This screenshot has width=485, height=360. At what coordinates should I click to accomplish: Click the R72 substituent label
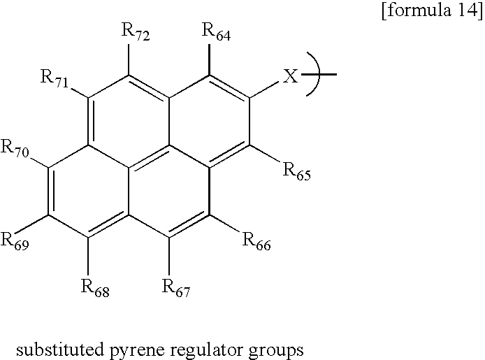136,31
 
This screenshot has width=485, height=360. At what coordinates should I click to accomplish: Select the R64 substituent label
216,31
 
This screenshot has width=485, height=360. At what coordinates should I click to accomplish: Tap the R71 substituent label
55,78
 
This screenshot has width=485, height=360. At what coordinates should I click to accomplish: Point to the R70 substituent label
15,147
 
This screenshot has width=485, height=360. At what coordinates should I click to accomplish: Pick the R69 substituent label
15,240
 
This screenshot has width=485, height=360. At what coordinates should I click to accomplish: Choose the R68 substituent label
95,287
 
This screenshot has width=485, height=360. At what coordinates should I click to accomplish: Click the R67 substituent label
176,287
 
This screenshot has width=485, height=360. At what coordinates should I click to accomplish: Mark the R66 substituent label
256,240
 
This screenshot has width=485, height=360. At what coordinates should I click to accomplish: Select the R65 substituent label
296,171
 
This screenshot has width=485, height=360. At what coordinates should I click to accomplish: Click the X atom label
291,76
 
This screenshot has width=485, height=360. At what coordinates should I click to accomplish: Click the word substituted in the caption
59,350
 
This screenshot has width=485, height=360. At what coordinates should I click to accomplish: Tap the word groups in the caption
276,352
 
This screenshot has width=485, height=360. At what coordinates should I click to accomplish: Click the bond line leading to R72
129,59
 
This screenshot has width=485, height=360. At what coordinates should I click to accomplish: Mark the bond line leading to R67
169,256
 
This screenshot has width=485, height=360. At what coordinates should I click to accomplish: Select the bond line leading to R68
89,256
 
